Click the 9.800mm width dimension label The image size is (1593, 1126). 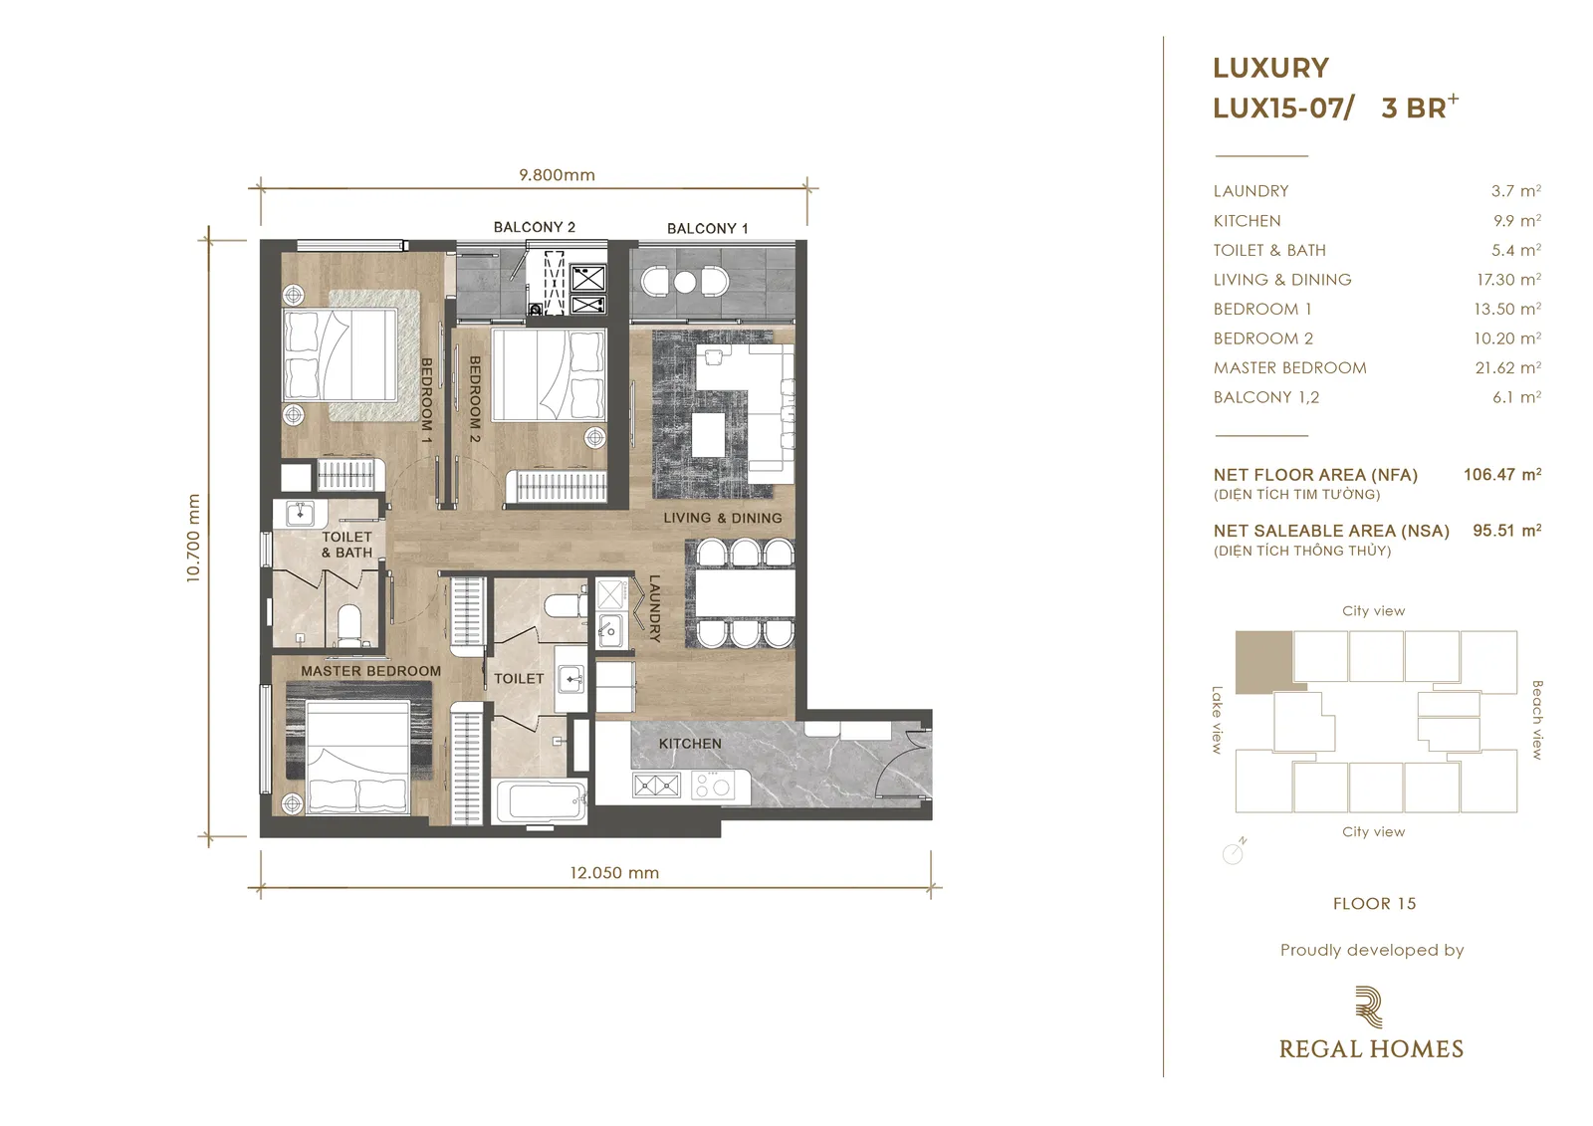[x=557, y=175]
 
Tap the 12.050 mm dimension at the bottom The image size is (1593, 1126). [x=614, y=873]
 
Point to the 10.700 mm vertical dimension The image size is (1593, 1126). [x=193, y=539]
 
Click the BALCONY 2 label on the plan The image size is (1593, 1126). [x=534, y=227]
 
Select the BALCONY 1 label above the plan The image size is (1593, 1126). [x=707, y=228]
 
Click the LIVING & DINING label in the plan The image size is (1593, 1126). [x=723, y=518]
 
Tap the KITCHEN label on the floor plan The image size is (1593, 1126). [x=690, y=744]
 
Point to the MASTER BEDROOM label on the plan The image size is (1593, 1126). [x=370, y=671]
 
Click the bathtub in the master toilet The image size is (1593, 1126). [x=539, y=801]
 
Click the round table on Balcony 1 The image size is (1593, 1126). [x=685, y=283]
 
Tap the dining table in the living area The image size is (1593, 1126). [x=744, y=593]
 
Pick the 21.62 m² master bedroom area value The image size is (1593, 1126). [x=1507, y=367]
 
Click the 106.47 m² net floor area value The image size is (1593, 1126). [x=1502, y=475]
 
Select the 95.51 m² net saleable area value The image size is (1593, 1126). [x=1507, y=531]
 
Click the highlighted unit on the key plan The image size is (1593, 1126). [x=1263, y=661]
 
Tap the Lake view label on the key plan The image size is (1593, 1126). [x=1217, y=720]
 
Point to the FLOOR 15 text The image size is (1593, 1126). [x=1374, y=903]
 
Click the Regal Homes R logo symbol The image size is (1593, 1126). [x=1370, y=1008]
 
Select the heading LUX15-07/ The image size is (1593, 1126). [x=1283, y=109]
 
